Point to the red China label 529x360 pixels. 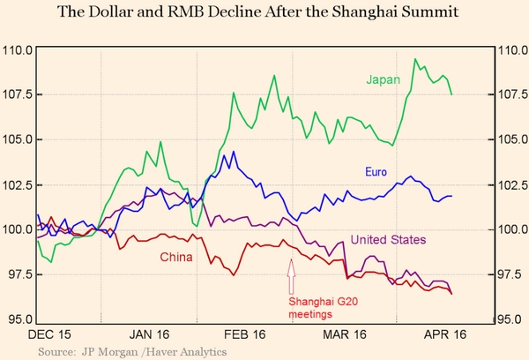click(176, 257)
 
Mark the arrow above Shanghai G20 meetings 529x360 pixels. click(291, 279)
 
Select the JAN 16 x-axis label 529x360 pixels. click(149, 334)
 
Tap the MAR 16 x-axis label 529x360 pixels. click(344, 334)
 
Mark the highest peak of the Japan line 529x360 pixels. click(415, 59)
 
